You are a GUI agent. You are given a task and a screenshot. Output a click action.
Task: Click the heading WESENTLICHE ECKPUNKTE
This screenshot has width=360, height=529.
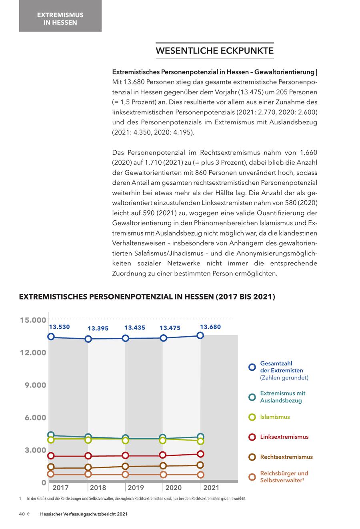[x=214, y=51]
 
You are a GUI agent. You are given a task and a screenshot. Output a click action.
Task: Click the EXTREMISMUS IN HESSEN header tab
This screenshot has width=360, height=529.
[x=60, y=19]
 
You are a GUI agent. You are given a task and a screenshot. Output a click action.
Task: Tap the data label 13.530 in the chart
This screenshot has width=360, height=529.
[x=59, y=327]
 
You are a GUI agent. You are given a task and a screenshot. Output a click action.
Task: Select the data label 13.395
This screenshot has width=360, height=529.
[x=98, y=328]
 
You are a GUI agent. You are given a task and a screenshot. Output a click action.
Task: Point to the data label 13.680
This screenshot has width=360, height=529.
[x=210, y=327]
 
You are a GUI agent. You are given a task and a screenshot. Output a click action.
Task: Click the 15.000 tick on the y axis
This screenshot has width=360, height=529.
[x=33, y=320]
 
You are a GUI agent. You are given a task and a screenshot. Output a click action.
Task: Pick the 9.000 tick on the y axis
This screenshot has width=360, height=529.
[x=33, y=385]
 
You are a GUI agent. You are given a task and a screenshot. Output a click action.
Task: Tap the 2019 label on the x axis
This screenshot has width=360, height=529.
[x=136, y=487]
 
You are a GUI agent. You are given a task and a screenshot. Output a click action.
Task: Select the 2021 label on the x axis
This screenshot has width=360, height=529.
[x=211, y=487]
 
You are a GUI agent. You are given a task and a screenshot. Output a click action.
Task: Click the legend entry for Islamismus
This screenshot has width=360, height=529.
[x=275, y=417]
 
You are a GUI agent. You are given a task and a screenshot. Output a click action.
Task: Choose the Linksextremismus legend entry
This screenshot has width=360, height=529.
[x=284, y=437]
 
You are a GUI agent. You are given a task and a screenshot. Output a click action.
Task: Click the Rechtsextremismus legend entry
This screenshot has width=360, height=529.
[x=286, y=457]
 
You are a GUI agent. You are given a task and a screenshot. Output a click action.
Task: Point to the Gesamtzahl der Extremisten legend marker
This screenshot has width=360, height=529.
[x=252, y=367]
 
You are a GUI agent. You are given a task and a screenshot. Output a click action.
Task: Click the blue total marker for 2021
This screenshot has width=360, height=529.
[x=200, y=335]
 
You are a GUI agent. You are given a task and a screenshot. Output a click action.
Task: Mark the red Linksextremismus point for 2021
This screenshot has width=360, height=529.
[x=200, y=454]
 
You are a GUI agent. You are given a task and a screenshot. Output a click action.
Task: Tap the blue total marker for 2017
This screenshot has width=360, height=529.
[x=51, y=337]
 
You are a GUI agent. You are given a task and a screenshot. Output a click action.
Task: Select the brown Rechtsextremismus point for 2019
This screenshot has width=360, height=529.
[x=125, y=466]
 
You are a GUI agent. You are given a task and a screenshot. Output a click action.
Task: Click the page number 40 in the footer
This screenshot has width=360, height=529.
[x=22, y=514]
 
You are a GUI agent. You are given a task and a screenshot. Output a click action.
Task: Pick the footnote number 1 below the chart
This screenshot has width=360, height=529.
[x=20, y=499]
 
